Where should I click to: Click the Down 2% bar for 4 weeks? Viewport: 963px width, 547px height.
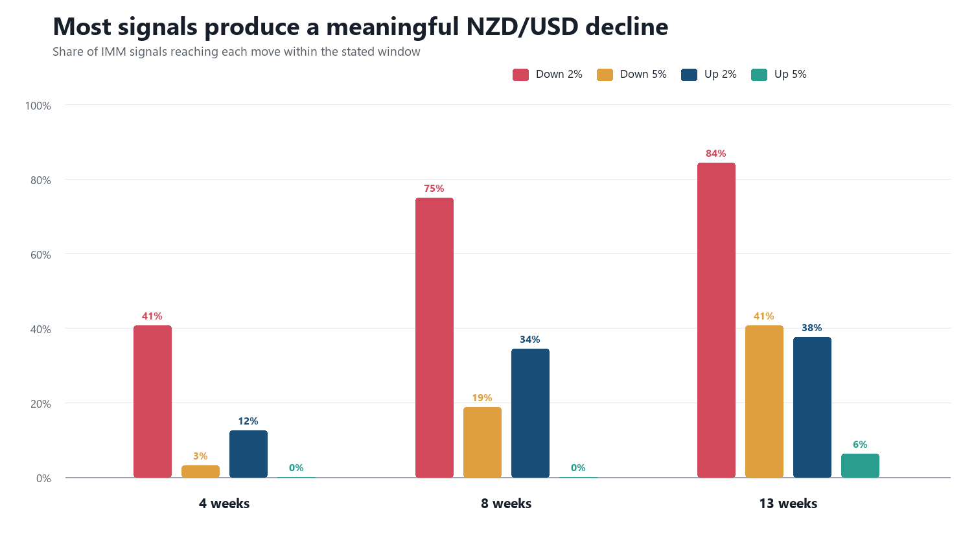153,401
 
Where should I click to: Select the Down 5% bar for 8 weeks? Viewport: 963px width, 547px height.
482,442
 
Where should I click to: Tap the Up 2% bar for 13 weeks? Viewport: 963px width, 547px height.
812,407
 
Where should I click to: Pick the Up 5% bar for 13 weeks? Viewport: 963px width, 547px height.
860,465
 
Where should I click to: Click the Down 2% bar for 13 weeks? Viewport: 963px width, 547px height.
716,320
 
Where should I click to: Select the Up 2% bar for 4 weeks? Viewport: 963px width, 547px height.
248,454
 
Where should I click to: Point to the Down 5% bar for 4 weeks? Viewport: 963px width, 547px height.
200,471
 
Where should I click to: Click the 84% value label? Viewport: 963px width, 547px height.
716,154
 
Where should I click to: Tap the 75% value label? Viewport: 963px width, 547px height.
434,189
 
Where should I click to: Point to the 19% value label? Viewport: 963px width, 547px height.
482,398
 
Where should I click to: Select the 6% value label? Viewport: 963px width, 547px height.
860,444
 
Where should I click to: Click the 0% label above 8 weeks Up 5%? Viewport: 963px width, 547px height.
578,467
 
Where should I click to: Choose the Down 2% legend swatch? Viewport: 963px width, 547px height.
520,75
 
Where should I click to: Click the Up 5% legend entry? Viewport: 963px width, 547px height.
778,75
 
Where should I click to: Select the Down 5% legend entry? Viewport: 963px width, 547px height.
632,75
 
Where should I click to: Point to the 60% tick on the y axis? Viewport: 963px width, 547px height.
40,255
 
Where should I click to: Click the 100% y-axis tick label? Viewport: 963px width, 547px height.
38,106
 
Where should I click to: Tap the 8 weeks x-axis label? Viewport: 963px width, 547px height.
506,503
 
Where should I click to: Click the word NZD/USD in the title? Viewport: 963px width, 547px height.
522,27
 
